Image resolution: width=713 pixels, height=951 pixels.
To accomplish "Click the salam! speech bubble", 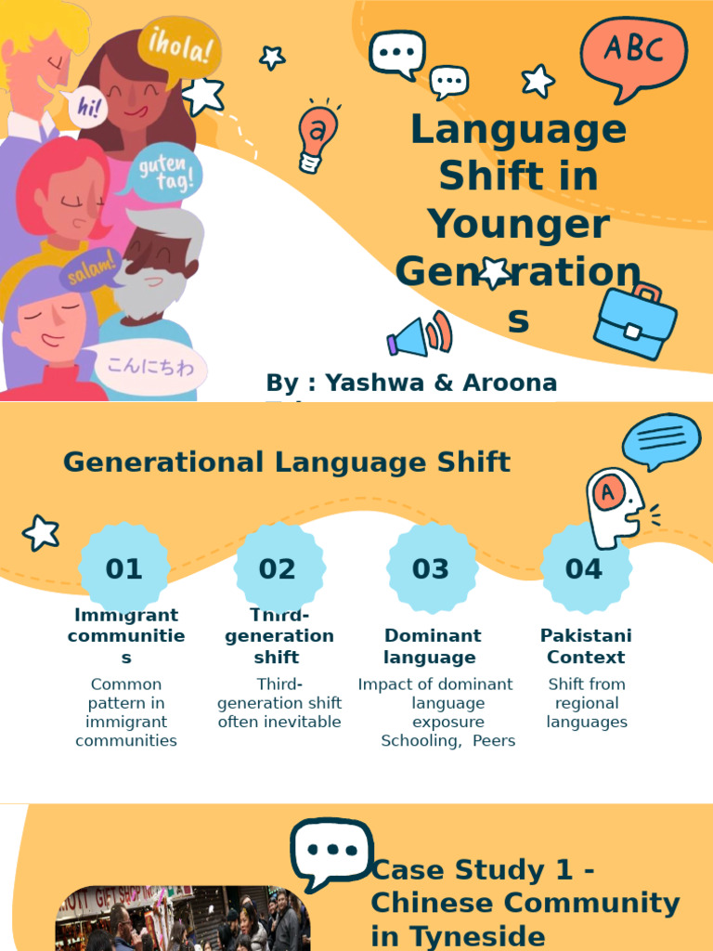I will [x=90, y=269].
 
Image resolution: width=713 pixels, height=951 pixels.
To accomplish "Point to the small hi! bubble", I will [x=89, y=108].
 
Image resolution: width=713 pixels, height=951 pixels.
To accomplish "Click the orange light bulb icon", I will [x=317, y=136].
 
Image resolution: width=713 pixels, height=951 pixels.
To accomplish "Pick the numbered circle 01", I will [x=123, y=568].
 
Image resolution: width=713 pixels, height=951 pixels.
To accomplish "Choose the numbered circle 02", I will [x=278, y=568].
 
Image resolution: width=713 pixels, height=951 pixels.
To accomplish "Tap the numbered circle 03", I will [x=431, y=568].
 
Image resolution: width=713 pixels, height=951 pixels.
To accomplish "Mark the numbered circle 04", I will [x=584, y=568].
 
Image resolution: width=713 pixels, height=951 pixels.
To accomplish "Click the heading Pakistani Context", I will [x=586, y=646].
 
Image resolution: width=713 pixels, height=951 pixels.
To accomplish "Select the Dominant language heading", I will [x=433, y=646].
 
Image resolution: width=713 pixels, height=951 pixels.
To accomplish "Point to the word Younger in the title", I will [x=518, y=225].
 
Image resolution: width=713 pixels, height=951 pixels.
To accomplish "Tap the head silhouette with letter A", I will [x=615, y=506].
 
